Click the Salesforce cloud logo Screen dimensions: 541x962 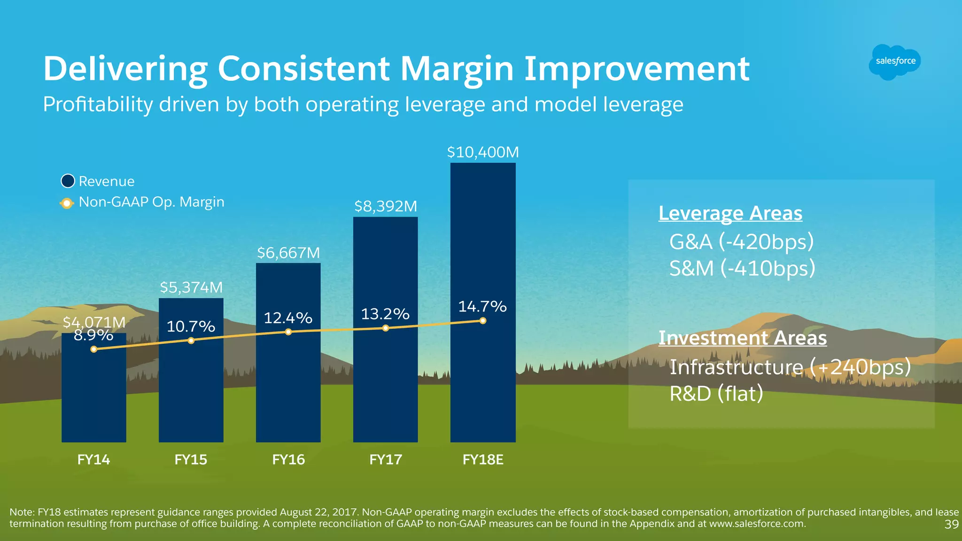pos(895,62)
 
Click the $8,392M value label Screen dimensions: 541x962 pos(386,206)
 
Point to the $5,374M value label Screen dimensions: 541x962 pos(191,287)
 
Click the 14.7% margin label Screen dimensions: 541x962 pos(482,307)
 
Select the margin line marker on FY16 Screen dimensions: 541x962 pos(288,332)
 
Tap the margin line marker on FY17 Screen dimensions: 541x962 pos(386,328)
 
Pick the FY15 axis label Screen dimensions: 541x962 pos(191,459)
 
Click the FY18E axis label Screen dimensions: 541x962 pos(483,459)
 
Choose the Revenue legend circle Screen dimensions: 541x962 pos(68,181)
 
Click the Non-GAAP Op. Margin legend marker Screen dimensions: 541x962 pos(67,203)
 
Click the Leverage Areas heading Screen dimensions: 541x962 pos(730,213)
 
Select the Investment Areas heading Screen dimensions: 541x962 pos(742,338)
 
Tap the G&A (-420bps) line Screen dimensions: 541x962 pos(741,242)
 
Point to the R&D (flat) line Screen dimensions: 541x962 pos(716,394)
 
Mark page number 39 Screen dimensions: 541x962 pos(951,525)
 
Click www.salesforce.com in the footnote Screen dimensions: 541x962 pos(757,524)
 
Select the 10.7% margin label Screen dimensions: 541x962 pos(191,326)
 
